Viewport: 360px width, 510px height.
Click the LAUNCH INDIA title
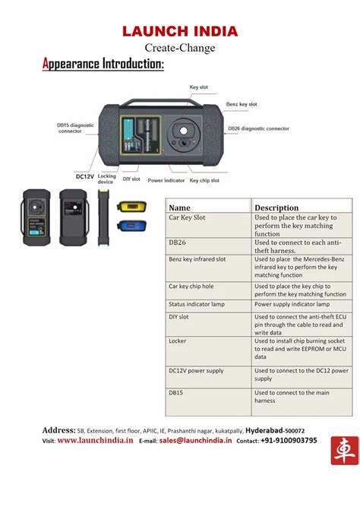[180, 31]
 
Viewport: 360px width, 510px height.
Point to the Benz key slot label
[242, 104]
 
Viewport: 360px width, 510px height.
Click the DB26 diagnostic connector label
[259, 128]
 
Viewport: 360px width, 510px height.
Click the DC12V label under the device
[84, 176]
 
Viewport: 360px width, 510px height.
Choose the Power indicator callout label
[166, 180]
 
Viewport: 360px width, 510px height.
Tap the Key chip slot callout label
[204, 180]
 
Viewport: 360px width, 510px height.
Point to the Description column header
[276, 207]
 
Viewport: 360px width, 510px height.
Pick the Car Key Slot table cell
[188, 217]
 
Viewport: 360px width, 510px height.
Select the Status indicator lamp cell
[197, 304]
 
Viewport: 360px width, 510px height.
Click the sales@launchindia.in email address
[195, 440]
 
